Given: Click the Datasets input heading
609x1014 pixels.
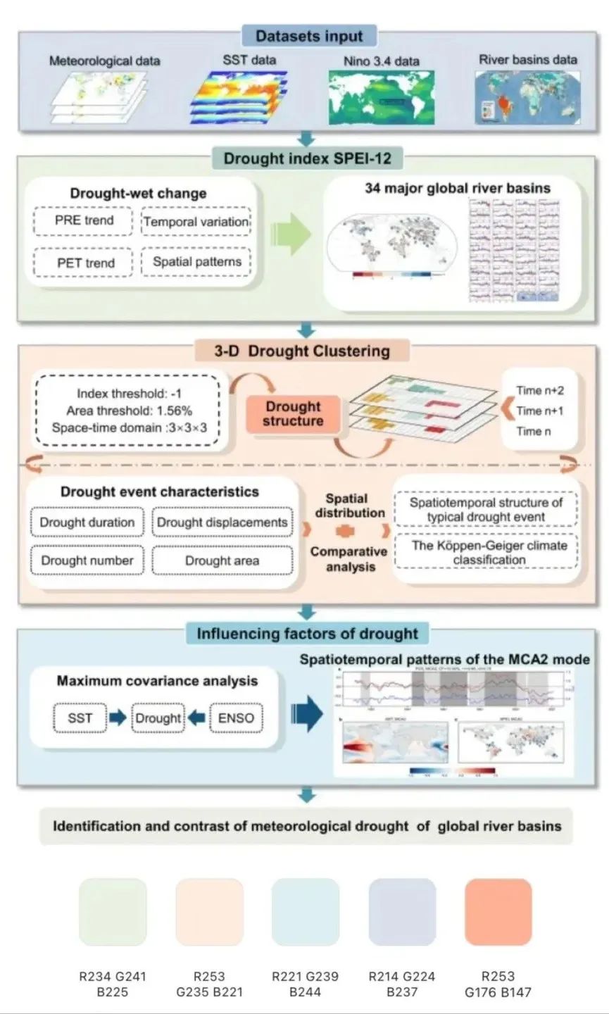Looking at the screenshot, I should (309, 36).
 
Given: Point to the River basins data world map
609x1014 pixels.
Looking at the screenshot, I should (527, 98).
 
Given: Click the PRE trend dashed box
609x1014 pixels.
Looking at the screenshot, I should (84, 220).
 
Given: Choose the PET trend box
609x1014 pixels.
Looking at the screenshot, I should (84, 263).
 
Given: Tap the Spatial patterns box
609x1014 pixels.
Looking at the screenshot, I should (196, 262).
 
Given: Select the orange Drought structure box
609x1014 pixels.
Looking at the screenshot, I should (294, 414).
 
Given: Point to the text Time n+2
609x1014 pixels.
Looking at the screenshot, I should (540, 391).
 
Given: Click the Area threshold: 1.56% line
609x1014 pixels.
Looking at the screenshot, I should (130, 411).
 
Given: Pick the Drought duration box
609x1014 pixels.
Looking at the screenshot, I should (87, 522).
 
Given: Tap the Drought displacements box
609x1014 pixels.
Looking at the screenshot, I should (222, 522).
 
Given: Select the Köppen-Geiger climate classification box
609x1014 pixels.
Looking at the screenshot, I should (489, 552).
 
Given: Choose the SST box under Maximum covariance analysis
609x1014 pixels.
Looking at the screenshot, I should (80, 718).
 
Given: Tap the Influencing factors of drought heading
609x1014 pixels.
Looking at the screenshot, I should (307, 634).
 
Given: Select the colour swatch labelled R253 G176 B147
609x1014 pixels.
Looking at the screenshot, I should (498, 910).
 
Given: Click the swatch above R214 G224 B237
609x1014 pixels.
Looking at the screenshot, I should (401, 910).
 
